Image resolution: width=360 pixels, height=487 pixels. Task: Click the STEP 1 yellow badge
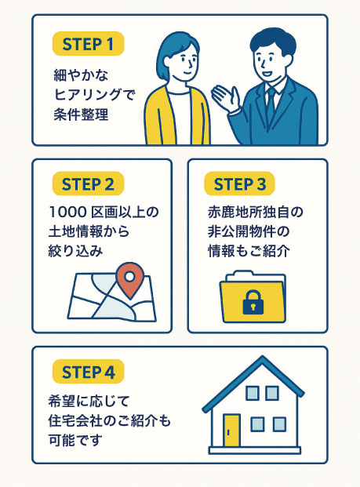(88, 44)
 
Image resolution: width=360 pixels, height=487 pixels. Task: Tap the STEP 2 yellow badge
(88, 184)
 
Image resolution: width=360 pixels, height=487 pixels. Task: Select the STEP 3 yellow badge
(239, 184)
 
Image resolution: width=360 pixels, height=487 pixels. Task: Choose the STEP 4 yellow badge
(88, 372)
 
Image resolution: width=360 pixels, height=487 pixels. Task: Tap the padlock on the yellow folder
(253, 302)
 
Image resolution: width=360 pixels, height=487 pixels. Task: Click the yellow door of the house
(231, 431)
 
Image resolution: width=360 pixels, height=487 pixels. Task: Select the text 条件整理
(81, 114)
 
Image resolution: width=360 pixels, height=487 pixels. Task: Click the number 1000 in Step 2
(67, 212)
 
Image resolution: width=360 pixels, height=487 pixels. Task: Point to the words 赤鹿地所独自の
(256, 212)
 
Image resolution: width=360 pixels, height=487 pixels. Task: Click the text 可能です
(75, 440)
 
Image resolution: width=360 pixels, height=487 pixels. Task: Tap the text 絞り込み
(75, 251)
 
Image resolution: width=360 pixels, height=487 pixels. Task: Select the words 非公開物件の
(249, 231)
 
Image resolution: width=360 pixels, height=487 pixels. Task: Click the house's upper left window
(253, 393)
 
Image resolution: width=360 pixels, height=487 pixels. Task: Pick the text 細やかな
(81, 75)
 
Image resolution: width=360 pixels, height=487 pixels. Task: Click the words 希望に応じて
(89, 401)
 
